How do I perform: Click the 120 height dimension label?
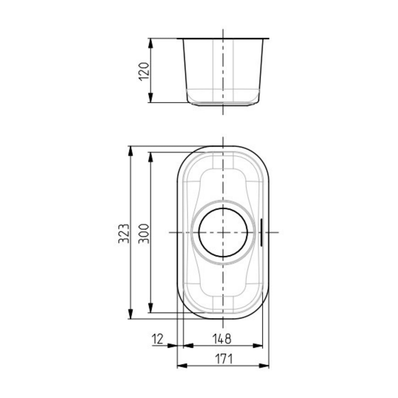click(144, 71)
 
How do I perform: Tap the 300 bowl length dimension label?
click(144, 233)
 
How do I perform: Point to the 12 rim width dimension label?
click(158, 339)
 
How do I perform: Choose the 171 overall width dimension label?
click(224, 359)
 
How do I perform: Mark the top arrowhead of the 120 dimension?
click(150, 43)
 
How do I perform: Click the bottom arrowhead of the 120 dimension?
click(150, 98)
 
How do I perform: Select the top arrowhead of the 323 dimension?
click(130, 151)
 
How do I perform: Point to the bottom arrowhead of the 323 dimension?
click(130, 314)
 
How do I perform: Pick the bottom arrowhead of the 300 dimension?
click(150, 308)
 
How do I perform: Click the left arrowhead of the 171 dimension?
click(182, 366)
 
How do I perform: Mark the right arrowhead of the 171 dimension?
click(264, 366)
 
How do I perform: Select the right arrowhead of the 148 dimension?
click(258, 346)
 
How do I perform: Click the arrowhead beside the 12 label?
click(173, 346)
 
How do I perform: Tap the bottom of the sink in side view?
click(223, 105)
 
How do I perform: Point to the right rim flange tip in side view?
click(268, 39)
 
